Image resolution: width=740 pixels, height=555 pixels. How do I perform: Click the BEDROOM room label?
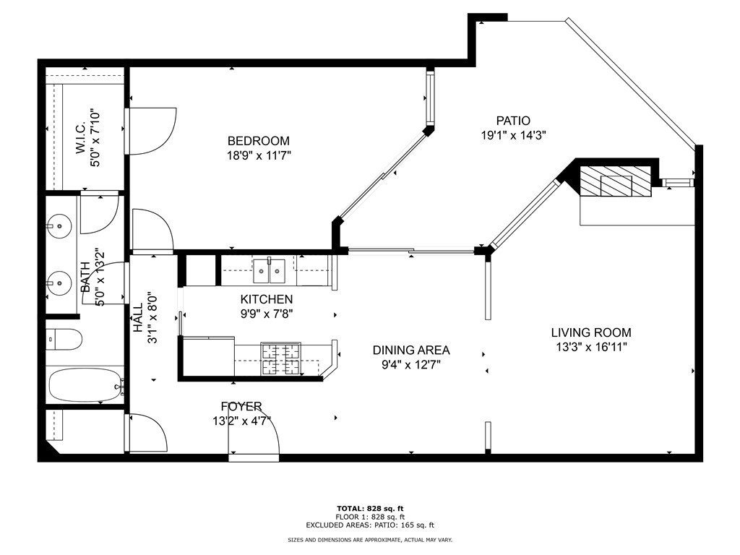click(258, 141)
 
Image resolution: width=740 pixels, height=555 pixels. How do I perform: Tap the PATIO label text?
click(513, 121)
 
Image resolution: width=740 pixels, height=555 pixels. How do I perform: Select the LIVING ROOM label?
click(591, 332)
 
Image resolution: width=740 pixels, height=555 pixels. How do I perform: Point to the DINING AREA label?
click(411, 350)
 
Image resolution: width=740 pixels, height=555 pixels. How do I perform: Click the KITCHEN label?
click(266, 299)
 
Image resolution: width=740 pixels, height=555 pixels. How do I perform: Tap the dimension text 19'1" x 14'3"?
click(514, 135)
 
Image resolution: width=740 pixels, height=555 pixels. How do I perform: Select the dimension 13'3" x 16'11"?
click(591, 347)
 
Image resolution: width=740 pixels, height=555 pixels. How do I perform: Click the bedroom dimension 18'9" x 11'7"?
click(259, 155)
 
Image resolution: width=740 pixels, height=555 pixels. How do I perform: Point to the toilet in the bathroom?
click(64, 339)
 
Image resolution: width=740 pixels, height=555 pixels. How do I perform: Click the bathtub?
click(86, 386)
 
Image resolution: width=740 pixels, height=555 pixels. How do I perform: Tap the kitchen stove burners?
click(281, 359)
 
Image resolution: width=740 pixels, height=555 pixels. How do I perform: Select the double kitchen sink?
click(269, 271)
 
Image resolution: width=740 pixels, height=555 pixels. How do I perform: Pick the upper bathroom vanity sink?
click(59, 226)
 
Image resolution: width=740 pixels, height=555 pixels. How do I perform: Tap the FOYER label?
click(241, 406)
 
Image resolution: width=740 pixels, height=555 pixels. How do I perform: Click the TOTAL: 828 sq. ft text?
click(370, 508)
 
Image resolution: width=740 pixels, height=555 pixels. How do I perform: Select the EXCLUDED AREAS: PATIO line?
click(370, 525)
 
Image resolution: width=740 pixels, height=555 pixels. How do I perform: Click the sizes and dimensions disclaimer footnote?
click(370, 539)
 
